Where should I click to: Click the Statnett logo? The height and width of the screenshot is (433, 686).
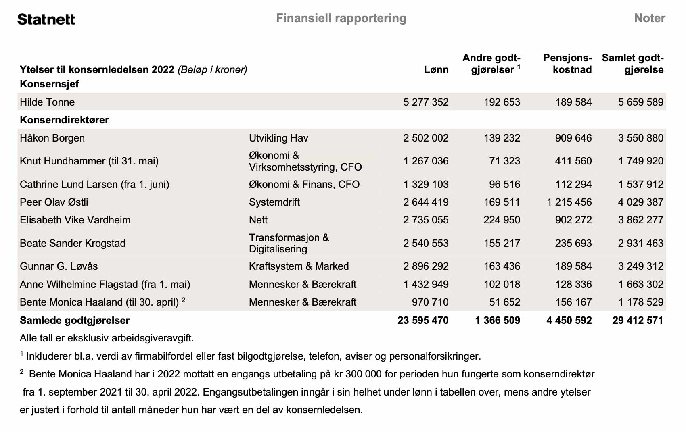click(x=46, y=19)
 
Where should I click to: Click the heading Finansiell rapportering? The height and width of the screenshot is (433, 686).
click(x=341, y=18)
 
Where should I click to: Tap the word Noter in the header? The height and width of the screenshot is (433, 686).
click(x=649, y=18)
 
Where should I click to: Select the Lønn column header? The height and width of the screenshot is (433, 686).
click(x=436, y=69)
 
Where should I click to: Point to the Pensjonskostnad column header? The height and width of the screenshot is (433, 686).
click(x=567, y=64)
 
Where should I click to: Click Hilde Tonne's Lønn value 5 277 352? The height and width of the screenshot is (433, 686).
click(x=426, y=102)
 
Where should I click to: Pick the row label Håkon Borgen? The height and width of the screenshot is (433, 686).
click(x=52, y=138)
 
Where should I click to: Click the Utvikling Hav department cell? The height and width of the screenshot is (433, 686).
click(x=278, y=138)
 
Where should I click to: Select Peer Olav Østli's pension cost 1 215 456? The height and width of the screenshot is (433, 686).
click(x=569, y=202)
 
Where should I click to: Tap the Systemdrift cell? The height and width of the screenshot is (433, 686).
click(x=274, y=202)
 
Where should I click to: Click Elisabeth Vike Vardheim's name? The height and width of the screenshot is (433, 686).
click(x=75, y=220)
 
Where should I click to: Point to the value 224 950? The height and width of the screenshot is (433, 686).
click(x=502, y=220)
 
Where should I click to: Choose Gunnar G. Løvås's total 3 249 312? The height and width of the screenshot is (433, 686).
click(x=640, y=266)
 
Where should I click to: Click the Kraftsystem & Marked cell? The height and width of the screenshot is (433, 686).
click(x=299, y=266)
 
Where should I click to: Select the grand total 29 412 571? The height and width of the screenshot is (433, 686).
click(x=638, y=320)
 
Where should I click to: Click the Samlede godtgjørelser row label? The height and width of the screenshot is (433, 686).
click(x=75, y=320)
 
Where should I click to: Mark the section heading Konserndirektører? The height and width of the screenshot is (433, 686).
click(x=64, y=120)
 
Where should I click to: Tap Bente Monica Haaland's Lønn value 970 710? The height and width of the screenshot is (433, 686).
click(x=430, y=302)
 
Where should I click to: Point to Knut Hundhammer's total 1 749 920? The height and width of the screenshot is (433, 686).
click(x=640, y=161)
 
